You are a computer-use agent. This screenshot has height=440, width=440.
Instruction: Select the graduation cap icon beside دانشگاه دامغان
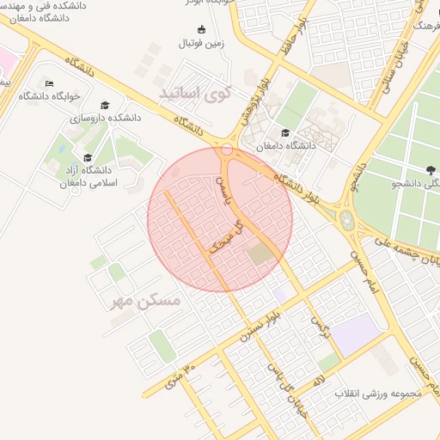click(x=284, y=132)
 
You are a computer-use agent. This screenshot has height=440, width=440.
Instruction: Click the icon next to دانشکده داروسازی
click(x=106, y=105)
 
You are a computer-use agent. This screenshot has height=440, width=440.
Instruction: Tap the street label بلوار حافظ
click(x=290, y=43)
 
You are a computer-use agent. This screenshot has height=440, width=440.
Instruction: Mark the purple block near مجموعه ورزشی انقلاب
click(x=354, y=333)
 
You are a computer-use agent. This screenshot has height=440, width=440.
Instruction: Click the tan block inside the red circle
click(x=259, y=254)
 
